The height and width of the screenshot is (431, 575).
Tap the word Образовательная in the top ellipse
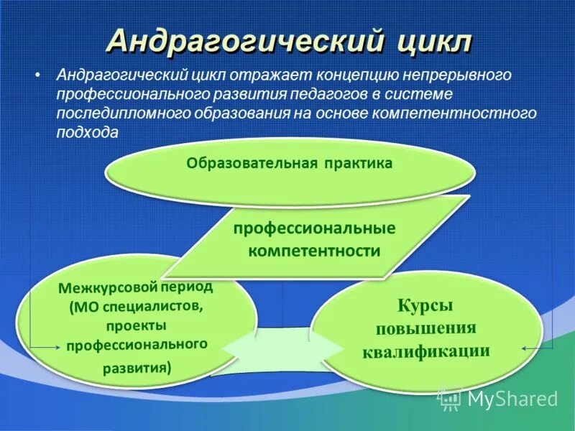[252, 164]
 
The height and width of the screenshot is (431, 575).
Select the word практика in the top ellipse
[357, 164]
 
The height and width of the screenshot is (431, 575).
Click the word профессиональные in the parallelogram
[313, 228]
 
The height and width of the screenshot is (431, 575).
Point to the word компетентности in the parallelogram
[313, 251]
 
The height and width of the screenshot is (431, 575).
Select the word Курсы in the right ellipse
[425, 305]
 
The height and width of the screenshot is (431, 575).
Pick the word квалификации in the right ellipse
[425, 351]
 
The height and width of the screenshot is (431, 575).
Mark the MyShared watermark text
[512, 399]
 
